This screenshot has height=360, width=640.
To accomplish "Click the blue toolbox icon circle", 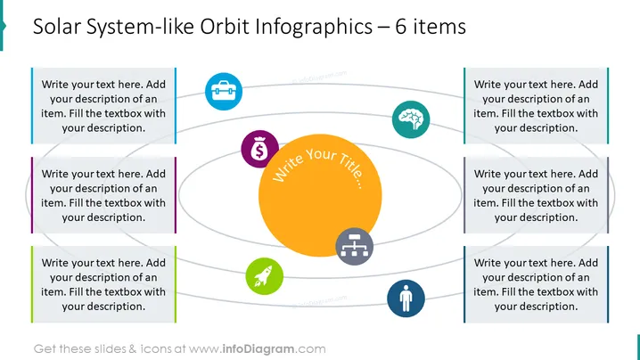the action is click(x=223, y=92).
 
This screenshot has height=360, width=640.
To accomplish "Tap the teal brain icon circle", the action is click(x=411, y=119).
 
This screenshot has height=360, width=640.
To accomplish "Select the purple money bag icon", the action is click(x=259, y=150).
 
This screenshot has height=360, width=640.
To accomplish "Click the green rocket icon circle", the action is click(x=264, y=276).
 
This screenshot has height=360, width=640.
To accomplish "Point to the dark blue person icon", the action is click(x=406, y=299).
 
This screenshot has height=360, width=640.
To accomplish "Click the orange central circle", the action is click(x=320, y=195).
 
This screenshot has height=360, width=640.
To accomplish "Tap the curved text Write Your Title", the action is click(x=318, y=166).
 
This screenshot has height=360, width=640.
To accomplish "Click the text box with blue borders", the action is click(x=103, y=106).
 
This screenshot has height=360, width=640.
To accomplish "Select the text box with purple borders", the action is click(x=103, y=195).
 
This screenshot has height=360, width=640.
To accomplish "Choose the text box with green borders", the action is click(x=103, y=284).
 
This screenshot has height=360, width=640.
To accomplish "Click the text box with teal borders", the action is click(x=536, y=106).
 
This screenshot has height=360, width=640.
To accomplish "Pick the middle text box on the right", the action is click(x=536, y=195).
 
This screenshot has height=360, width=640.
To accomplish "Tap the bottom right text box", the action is click(x=536, y=284).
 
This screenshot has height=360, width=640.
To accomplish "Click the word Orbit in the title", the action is click(x=225, y=27).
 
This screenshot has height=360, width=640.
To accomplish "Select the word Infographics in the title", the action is click(x=314, y=28).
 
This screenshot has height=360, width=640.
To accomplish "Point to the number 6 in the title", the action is click(x=401, y=27).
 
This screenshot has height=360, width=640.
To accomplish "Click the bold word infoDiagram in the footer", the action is click(x=258, y=349).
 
